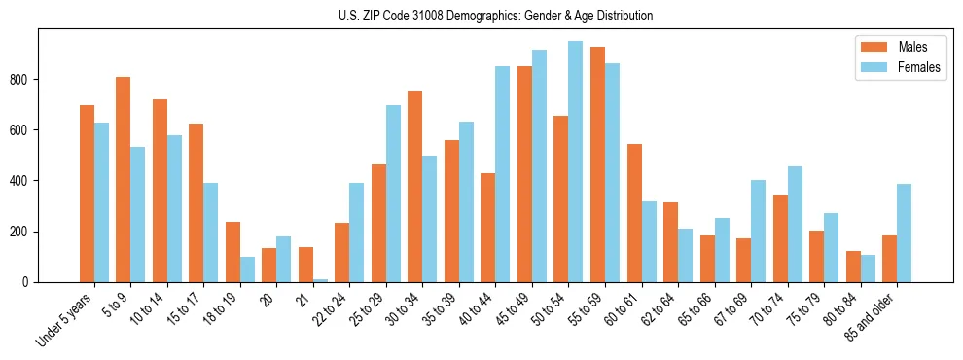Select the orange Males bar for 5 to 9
pyautogui.click(x=124, y=180)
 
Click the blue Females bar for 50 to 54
pyautogui.click(x=576, y=162)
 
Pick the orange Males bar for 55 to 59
pyautogui.click(x=597, y=164)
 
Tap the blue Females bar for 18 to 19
pyautogui.click(x=247, y=270)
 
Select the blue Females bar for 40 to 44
pyautogui.click(x=503, y=174)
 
